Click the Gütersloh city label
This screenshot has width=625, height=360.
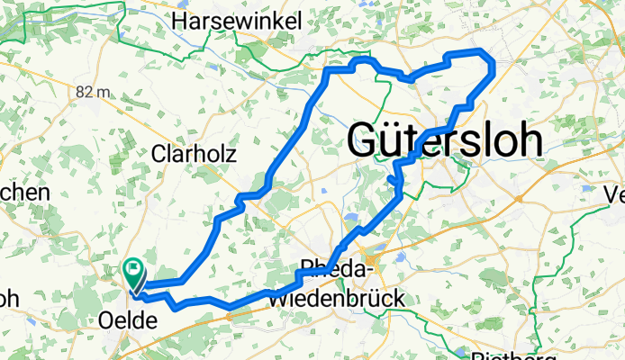[x=445, y=140]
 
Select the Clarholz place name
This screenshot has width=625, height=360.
[x=194, y=154]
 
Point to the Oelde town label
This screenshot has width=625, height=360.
[x=126, y=321]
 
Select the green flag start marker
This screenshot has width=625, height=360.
[x=133, y=268]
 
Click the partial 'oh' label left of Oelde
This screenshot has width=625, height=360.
[x=9, y=296]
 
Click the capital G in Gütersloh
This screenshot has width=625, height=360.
[x=364, y=141]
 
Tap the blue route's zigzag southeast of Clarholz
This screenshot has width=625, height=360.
[x=241, y=202]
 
